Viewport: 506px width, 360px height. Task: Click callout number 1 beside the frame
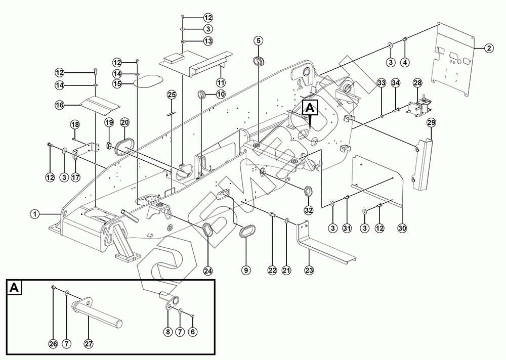34,214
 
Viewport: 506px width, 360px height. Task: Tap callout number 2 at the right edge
488,49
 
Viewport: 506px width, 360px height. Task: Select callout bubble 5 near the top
258,40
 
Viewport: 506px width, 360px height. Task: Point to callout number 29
431,122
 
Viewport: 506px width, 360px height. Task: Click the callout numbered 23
309,271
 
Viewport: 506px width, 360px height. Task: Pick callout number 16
60,105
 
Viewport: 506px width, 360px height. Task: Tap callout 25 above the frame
172,95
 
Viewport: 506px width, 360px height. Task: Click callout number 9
246,271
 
